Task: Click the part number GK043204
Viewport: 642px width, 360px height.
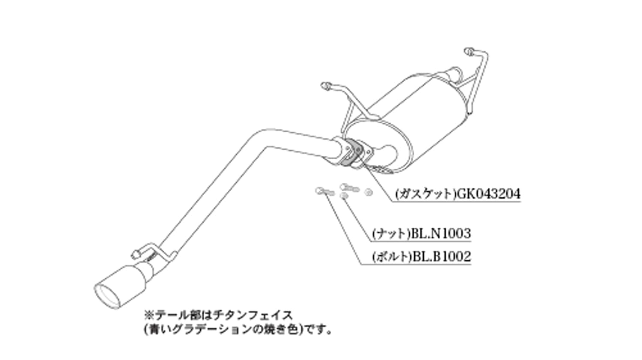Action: pos(489,194)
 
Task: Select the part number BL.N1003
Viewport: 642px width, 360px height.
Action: pos(441,234)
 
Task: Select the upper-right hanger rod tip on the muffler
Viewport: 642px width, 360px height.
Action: pos(468,52)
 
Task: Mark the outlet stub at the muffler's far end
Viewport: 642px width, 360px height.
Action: pos(452,74)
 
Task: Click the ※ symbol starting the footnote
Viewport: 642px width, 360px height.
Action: pos(149,316)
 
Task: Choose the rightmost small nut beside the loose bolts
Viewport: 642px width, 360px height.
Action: pos(368,192)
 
